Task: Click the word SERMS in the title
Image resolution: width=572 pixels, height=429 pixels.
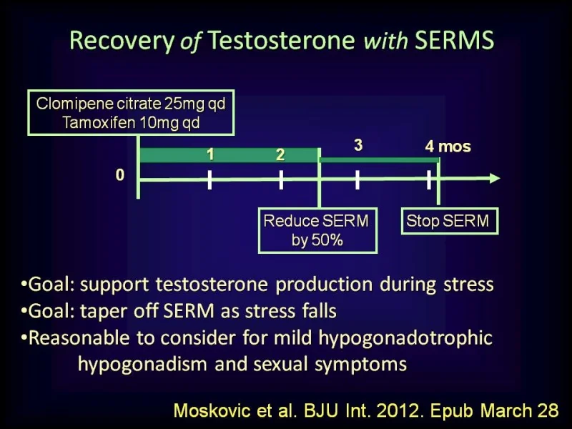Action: [454, 40]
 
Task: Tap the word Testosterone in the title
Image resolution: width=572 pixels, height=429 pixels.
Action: [281, 40]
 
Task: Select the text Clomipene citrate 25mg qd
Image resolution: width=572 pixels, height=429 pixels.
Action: [131, 104]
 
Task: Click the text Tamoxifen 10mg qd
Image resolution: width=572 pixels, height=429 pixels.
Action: [131, 122]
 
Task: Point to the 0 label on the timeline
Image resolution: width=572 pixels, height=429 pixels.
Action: [120, 175]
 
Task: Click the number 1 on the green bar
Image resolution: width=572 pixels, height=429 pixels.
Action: [210, 154]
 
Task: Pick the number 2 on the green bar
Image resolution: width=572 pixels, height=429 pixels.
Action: [280, 155]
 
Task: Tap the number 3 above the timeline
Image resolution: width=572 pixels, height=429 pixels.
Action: [358, 145]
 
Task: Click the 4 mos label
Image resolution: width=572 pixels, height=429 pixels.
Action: [448, 147]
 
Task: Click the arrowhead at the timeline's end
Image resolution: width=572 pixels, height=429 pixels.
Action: [495, 178]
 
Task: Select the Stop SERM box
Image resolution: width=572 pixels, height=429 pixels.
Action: [450, 221]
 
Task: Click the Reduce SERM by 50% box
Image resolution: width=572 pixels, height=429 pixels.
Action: [317, 230]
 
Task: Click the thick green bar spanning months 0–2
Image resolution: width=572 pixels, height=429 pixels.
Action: [229, 155]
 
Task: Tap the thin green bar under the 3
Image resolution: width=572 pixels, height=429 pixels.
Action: [379, 160]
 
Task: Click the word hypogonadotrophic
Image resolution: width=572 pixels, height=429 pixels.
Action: [405, 339]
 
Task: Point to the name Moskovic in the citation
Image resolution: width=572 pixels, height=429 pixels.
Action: [212, 410]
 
